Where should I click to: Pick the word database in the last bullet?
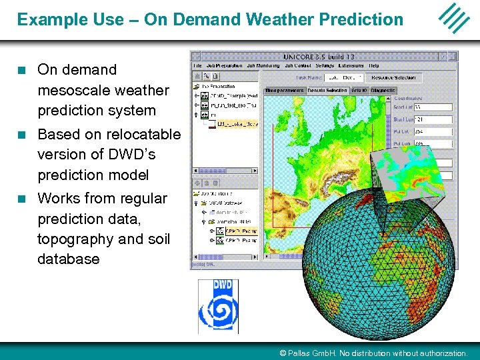click(x=69, y=259)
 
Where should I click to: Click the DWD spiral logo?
click(x=217, y=306)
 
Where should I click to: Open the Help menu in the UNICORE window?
click(x=374, y=66)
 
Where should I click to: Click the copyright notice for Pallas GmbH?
click(x=373, y=353)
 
